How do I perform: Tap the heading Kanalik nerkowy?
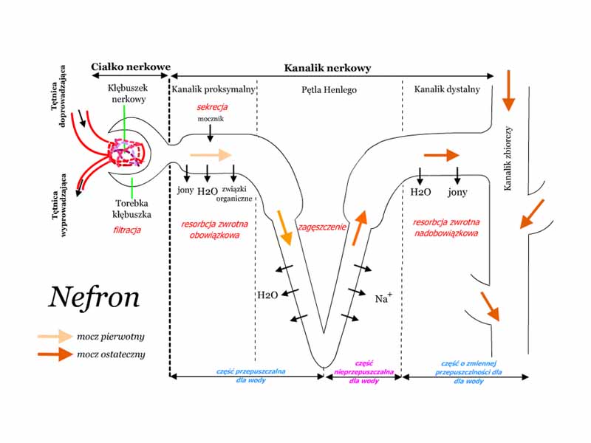[327, 67]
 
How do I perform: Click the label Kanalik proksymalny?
[213, 89]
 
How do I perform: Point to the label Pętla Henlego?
[329, 89]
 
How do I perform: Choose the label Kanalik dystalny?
[447, 89]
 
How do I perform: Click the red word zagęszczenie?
[322, 227]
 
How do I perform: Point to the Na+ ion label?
[384, 298]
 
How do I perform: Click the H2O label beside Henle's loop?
[267, 295]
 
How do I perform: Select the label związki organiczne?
[237, 195]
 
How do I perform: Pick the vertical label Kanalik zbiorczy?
[508, 159]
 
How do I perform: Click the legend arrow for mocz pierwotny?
[55, 336]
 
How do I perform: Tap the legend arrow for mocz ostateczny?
[55, 354]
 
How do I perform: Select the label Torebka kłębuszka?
[133, 209]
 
